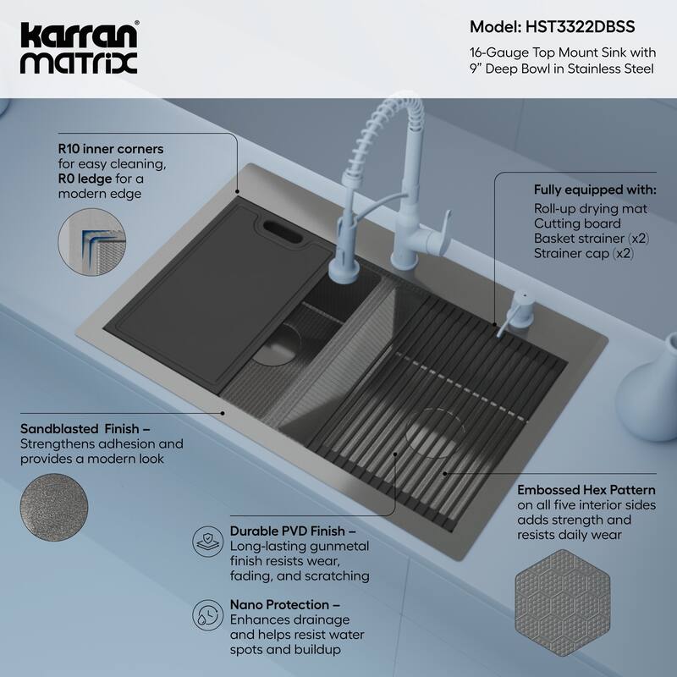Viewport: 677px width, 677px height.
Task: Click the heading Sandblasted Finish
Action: (x=74, y=429)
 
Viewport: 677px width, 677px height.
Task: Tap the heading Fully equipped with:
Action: (x=594, y=189)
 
